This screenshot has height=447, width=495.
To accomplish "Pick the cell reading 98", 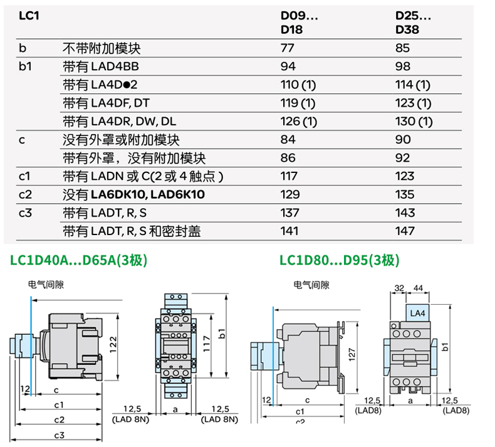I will coord(405,66).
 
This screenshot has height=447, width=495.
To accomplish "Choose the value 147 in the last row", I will coord(405,231).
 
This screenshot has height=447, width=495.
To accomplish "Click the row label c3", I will coord(26,213).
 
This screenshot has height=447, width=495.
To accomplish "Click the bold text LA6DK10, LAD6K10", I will coord(148,195).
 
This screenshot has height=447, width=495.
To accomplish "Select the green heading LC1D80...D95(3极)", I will coord(339,260).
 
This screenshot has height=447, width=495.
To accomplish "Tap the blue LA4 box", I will coord(417,312).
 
